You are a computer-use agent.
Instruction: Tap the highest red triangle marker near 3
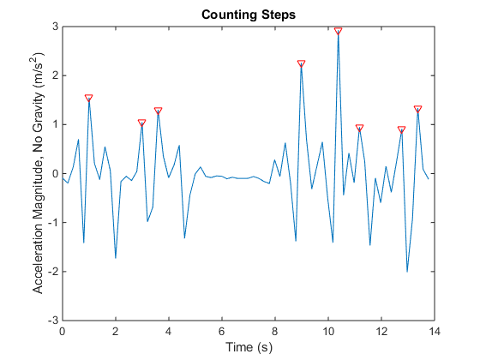pyautogui.click(x=338, y=30)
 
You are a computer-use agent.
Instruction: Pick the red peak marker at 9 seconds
pyautogui.click(x=301, y=63)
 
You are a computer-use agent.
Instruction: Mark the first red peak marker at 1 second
pyautogui.click(x=89, y=98)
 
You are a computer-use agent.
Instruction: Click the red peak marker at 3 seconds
pyautogui.click(x=141, y=123)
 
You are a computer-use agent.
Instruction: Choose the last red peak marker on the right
pyautogui.click(x=417, y=110)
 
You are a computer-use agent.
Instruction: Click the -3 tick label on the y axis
pyautogui.click(x=52, y=320)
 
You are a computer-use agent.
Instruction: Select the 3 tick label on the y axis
pyautogui.click(x=55, y=27)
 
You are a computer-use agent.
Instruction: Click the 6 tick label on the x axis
pyautogui.click(x=221, y=331)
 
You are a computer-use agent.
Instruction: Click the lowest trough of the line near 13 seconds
pyautogui.click(x=407, y=271)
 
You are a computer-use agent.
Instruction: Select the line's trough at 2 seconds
pyautogui.click(x=116, y=257)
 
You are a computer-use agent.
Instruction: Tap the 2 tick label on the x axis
pyautogui.click(x=116, y=331)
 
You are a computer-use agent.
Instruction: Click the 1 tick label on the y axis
pyautogui.click(x=55, y=124)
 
